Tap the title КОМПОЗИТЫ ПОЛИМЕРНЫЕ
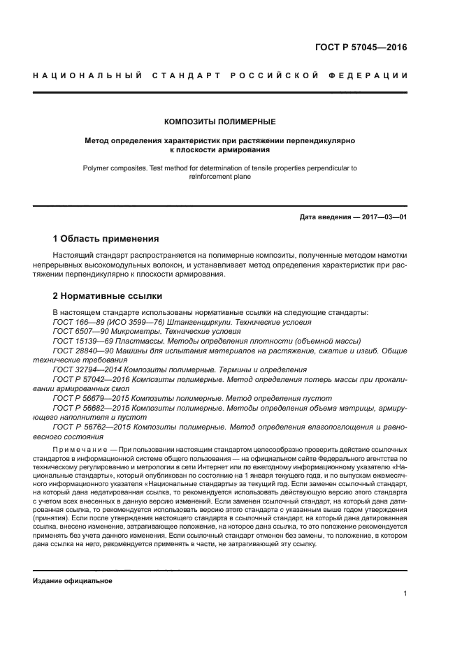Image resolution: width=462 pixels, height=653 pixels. tap(220, 122)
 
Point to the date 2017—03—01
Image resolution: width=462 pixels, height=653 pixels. tap(384, 217)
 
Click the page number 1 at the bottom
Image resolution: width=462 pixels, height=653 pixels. tap(405, 594)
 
